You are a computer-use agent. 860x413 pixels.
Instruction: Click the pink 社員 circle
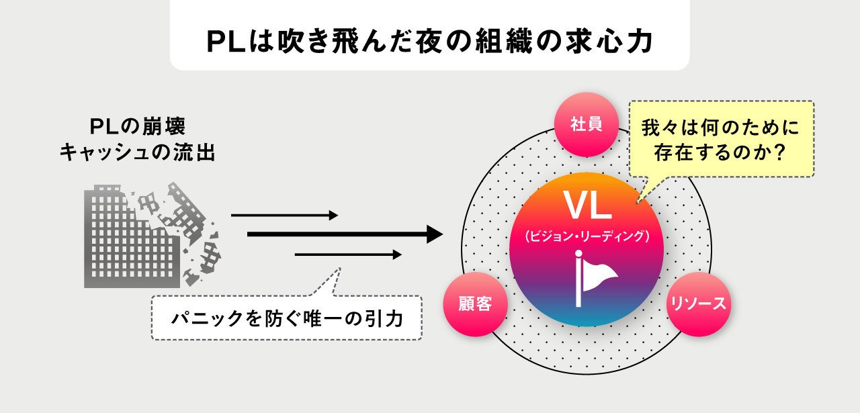tap(585, 124)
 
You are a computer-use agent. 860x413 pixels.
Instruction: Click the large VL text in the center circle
tap(587, 207)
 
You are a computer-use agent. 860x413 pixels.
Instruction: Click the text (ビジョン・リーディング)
tap(587, 236)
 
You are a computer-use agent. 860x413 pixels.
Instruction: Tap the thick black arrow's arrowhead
tap(433, 234)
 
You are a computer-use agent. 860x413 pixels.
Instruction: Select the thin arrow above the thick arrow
tap(284, 216)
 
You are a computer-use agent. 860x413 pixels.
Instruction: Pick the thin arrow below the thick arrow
tap(348, 255)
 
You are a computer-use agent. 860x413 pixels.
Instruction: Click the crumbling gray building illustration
tap(151, 235)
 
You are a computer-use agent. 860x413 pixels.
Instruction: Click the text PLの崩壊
tap(137, 127)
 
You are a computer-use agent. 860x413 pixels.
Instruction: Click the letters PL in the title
tap(219, 42)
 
